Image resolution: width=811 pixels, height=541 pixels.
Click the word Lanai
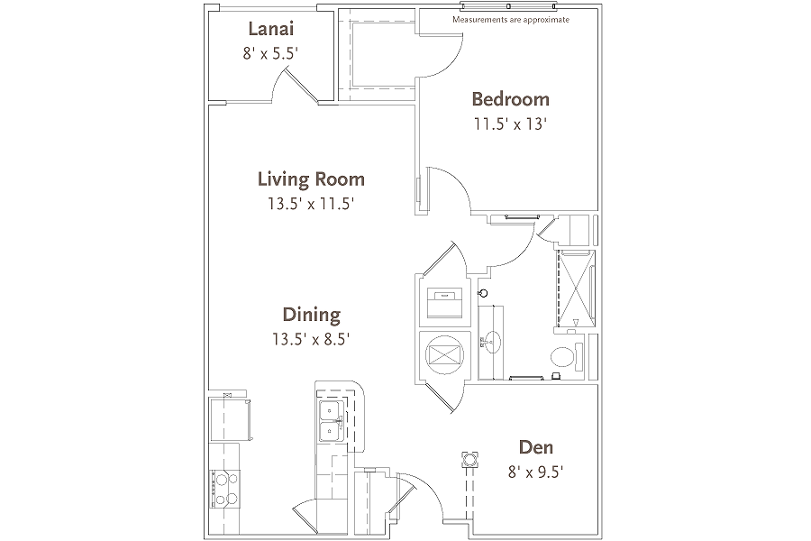pyautogui.click(x=271, y=29)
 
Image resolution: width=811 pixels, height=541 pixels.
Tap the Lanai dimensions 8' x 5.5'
pyautogui.click(x=271, y=53)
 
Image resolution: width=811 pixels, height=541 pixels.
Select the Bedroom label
pyautogui.click(x=511, y=99)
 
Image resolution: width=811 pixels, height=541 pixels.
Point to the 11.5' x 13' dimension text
pyautogui.click(x=511, y=124)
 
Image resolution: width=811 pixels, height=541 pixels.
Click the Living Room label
pyautogui.click(x=312, y=179)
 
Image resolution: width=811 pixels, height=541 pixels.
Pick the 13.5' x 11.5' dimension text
pyautogui.click(x=311, y=204)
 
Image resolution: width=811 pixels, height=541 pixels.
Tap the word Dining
pyautogui.click(x=312, y=315)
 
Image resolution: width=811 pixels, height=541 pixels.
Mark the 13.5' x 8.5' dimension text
pyautogui.click(x=312, y=339)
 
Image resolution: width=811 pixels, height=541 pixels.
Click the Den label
pyautogui.click(x=536, y=447)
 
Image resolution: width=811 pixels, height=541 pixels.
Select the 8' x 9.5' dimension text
pyautogui.click(x=536, y=472)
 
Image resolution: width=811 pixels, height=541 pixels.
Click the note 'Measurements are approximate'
pyautogui.click(x=511, y=20)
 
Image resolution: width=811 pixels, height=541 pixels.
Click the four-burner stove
pyautogui.click(x=224, y=489)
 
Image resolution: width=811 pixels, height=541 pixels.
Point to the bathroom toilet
pyautogui.click(x=567, y=357)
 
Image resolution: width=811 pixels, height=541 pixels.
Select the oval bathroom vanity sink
pyautogui.click(x=492, y=341)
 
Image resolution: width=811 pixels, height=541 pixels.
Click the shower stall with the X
pyautogui.click(x=575, y=288)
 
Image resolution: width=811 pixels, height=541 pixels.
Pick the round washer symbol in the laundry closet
pyautogui.click(x=444, y=355)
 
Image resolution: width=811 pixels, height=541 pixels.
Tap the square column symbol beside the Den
pyautogui.click(x=469, y=459)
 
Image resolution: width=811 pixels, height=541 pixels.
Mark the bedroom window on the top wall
pyautogui.click(x=509, y=6)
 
